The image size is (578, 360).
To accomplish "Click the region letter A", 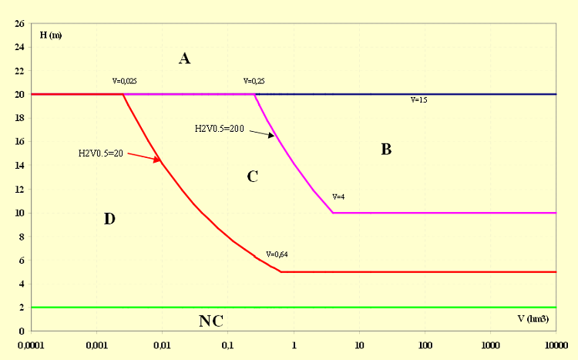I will coord(184,58).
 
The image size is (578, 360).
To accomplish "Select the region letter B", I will coord(386,150).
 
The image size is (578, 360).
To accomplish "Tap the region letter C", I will coord(252,177).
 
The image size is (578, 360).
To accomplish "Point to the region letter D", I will coord(109,219).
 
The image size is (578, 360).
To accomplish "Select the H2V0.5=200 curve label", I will coord(219,129).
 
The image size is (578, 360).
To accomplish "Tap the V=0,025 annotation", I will coord(125,80).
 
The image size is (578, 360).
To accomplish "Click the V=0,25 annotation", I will coord(254,80).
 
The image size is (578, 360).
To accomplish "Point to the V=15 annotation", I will coord(418,100).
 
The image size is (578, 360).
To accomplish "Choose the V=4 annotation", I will coord(338,197).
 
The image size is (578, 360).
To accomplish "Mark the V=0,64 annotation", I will coord(277,254).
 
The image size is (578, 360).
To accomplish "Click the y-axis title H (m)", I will coord(51,35).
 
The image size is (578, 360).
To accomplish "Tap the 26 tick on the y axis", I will coord(18,24).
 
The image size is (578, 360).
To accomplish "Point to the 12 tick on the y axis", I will coord(18,189).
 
